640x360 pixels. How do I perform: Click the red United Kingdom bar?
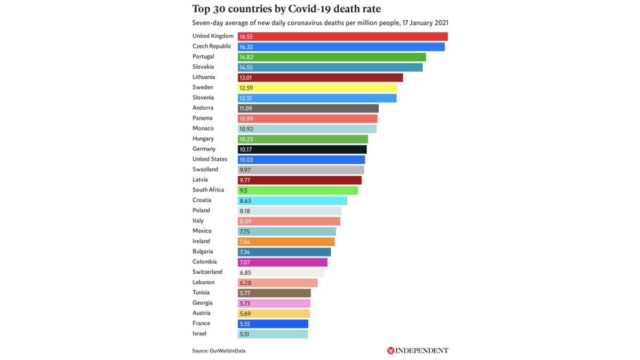click(342, 36)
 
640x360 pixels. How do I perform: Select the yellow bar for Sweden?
click(317, 87)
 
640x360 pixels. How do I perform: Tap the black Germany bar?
click(302, 149)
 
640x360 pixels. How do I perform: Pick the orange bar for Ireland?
click(286, 242)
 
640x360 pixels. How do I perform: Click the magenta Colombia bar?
click(282, 262)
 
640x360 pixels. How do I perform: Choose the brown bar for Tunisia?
click(274, 293)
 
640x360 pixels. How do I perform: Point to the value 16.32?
click(247, 47)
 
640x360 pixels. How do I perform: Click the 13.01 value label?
click(247, 77)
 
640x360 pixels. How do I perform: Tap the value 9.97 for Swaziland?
click(246, 170)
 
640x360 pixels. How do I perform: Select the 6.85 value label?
click(246, 273)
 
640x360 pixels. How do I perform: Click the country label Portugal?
click(203, 57)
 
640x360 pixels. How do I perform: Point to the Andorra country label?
click(203, 108)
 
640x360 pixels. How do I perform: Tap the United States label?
click(210, 159)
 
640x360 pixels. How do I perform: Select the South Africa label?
click(208, 190)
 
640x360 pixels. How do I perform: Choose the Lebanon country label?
click(203, 282)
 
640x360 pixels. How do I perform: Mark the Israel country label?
click(199, 333)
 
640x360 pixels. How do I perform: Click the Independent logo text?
click(422, 350)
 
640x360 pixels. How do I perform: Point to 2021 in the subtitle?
click(441, 23)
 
